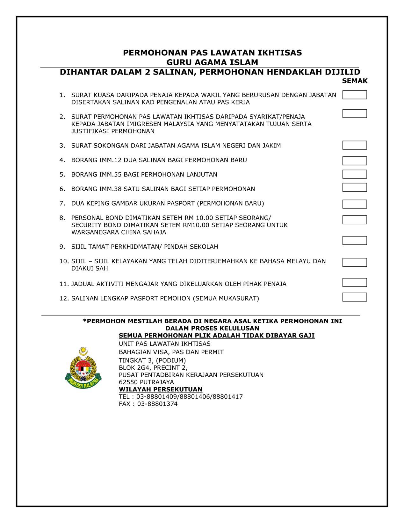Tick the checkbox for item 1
click(354, 95)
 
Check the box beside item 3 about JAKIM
click(354, 145)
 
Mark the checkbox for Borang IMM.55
click(354, 174)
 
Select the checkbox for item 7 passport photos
click(354, 204)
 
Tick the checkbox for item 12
click(354, 297)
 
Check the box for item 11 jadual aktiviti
click(354, 282)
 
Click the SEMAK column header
click(355, 81)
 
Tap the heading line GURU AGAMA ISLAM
click(212, 62)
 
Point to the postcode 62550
click(128, 382)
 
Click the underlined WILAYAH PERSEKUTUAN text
click(161, 389)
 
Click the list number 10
click(64, 261)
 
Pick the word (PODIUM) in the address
click(171, 360)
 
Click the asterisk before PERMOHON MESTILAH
click(85, 321)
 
